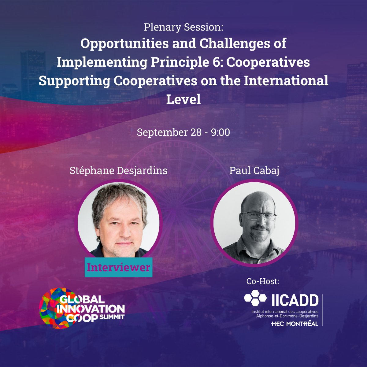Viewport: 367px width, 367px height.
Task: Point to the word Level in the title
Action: click(183, 99)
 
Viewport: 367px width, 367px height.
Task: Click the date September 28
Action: click(169, 132)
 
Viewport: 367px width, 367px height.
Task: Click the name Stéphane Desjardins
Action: click(118, 170)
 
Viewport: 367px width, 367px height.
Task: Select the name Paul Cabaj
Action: click(254, 170)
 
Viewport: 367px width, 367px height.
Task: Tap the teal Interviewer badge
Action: click(118, 267)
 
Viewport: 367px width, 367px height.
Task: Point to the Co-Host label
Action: click(263, 281)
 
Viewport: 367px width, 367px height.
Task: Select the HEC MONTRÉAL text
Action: click(295, 324)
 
